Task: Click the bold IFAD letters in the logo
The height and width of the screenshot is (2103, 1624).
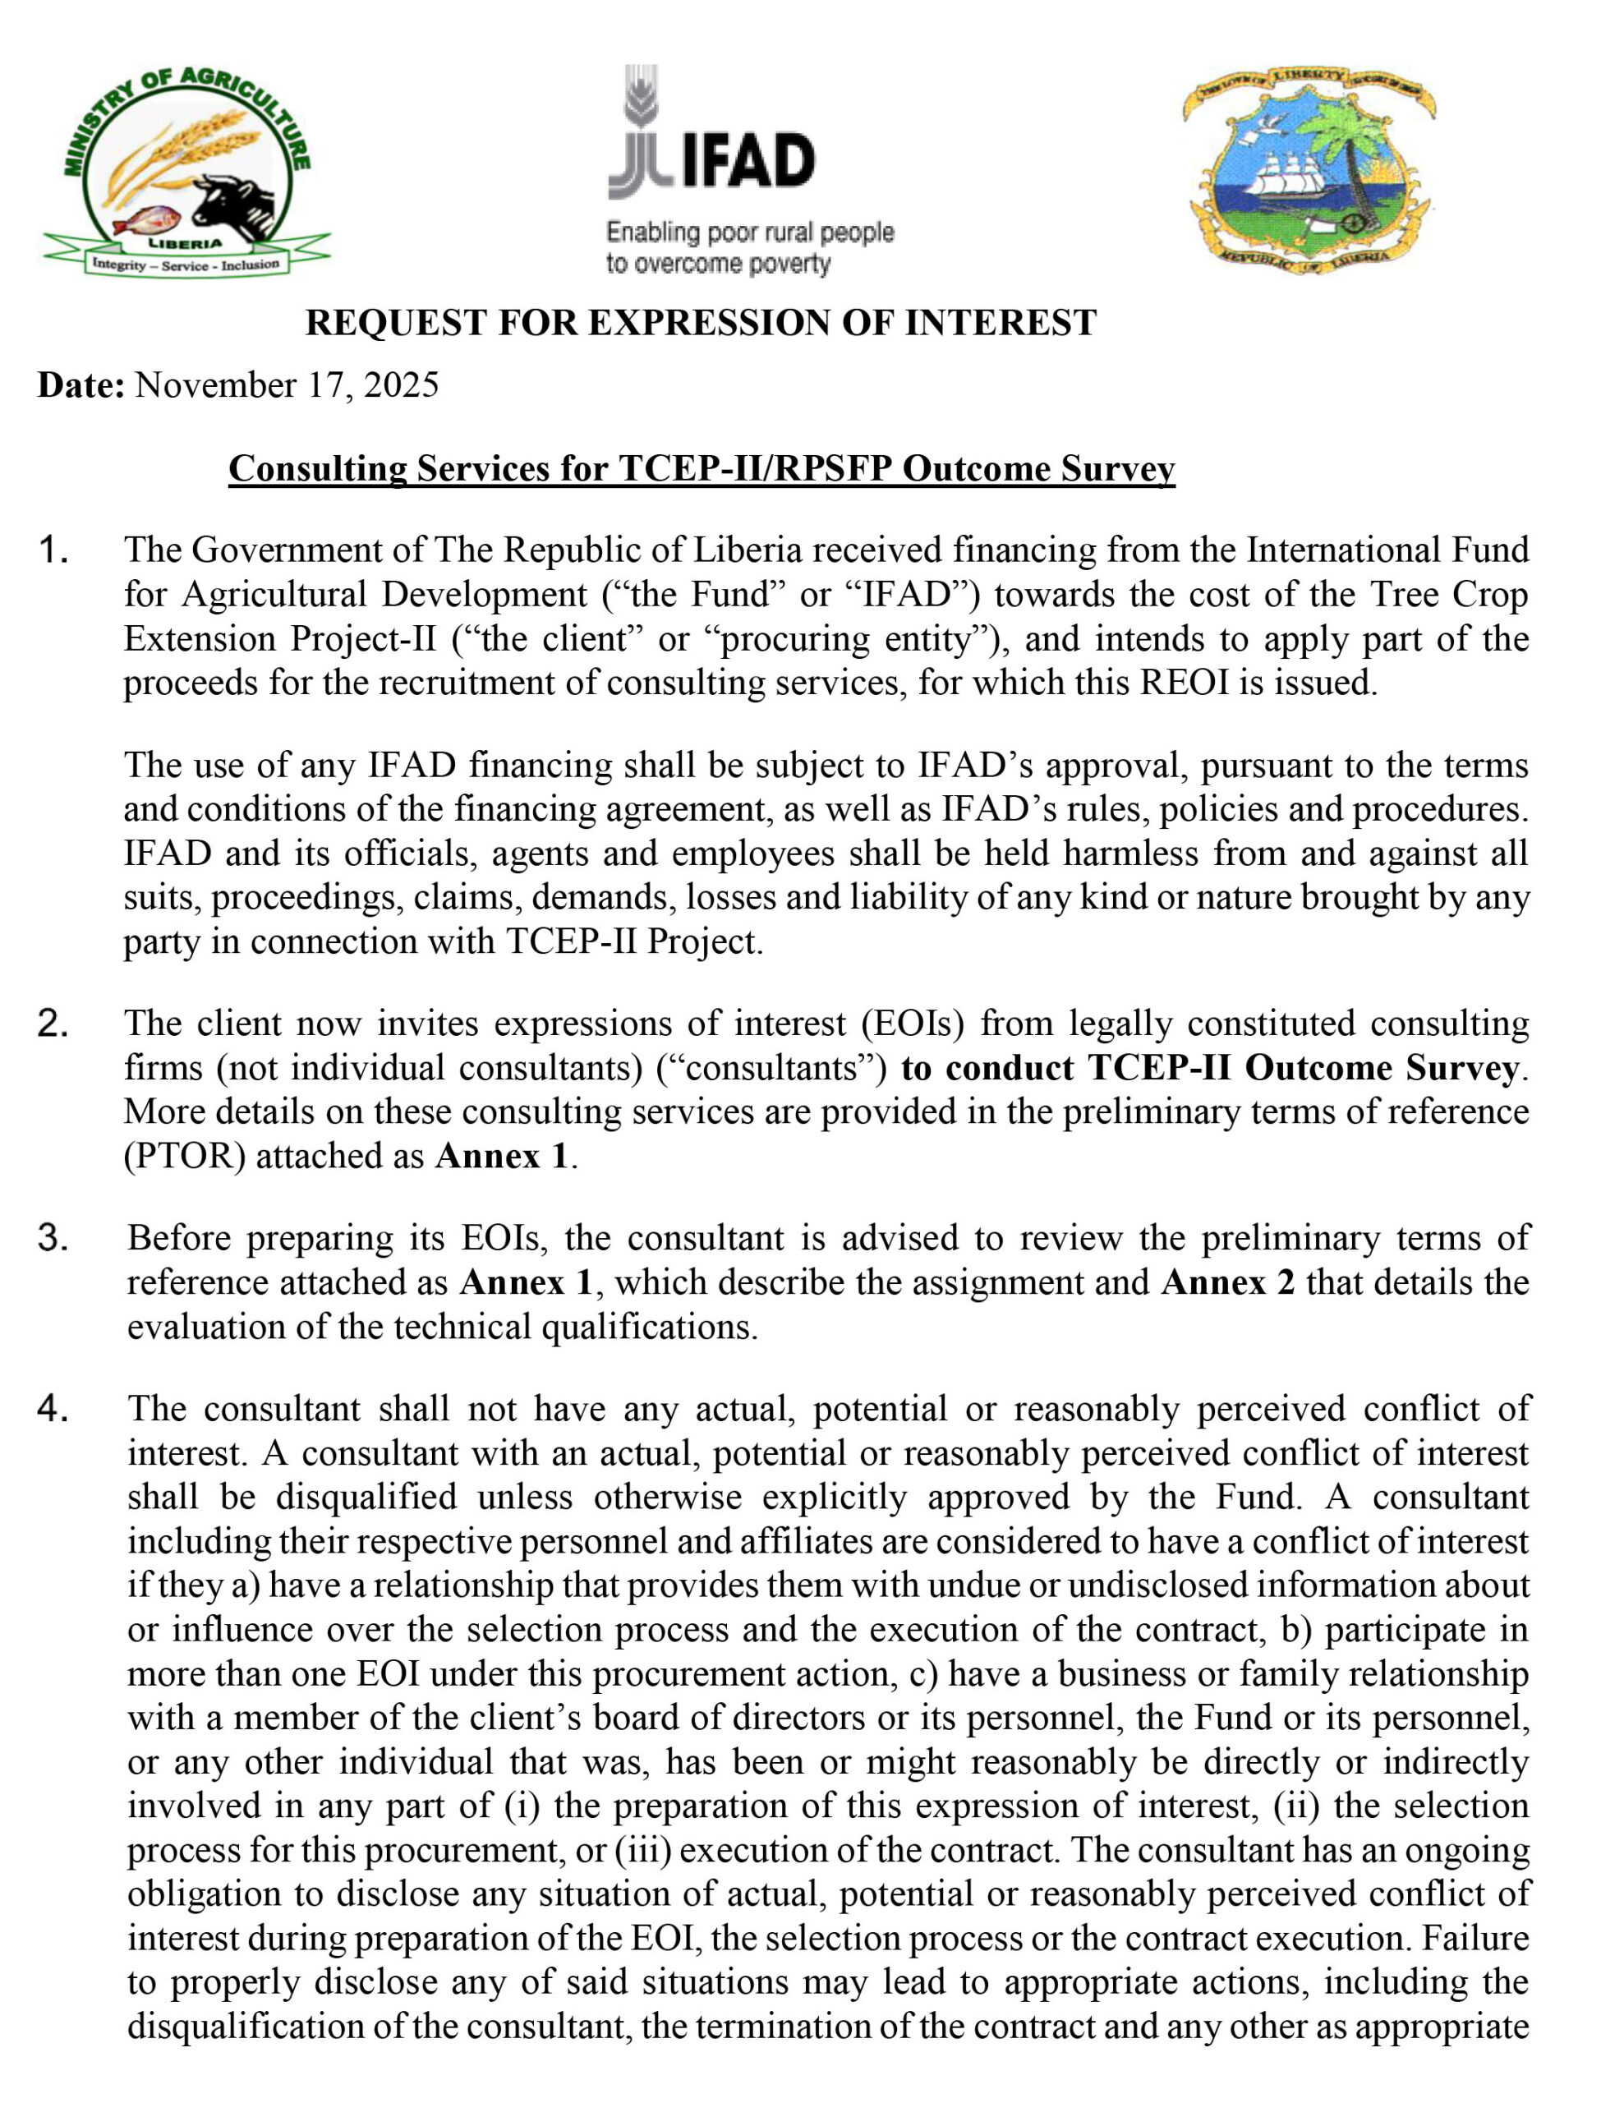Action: pos(748,160)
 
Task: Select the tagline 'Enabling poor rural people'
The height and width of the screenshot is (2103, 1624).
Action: pos(750,232)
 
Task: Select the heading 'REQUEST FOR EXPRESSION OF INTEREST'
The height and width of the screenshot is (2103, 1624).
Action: pos(700,323)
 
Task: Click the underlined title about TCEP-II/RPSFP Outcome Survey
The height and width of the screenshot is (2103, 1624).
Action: pos(701,469)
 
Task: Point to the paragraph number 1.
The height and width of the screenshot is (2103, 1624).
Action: pos(53,550)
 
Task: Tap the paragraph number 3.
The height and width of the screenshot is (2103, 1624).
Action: pos(53,1238)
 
